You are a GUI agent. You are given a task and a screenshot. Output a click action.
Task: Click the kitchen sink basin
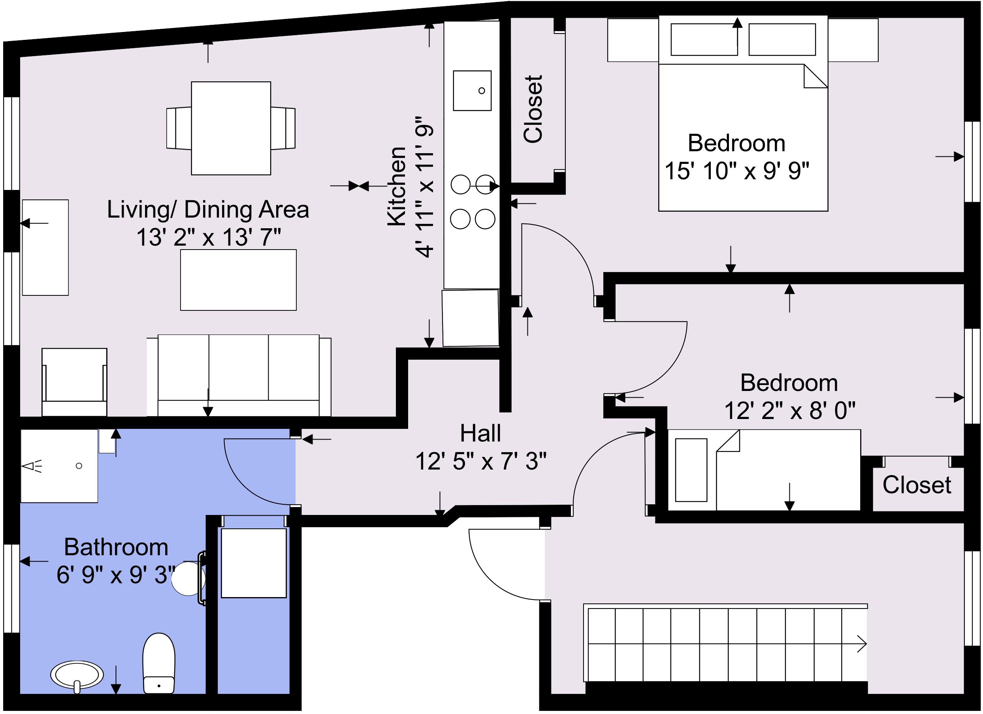click(472, 90)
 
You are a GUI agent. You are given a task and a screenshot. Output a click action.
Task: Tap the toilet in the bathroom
click(159, 663)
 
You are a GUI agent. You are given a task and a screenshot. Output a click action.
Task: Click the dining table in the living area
click(231, 128)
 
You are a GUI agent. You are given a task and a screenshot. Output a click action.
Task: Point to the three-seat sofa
click(239, 375)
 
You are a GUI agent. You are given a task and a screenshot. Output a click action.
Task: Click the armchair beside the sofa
click(75, 382)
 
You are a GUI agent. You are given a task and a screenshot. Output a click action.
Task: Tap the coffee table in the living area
click(238, 280)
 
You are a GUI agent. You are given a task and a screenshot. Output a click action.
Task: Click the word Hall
click(480, 433)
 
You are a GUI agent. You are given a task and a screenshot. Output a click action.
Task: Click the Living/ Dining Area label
click(208, 210)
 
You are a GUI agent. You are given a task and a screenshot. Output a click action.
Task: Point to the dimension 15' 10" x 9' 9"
click(737, 171)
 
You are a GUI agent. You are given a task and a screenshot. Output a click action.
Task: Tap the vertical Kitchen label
click(397, 186)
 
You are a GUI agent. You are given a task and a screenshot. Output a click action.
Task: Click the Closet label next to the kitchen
click(533, 109)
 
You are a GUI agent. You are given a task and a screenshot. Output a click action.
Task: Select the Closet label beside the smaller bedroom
click(917, 485)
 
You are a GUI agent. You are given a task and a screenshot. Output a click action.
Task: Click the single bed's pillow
click(691, 470)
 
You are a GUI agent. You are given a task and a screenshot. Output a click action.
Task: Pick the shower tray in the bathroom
click(59, 466)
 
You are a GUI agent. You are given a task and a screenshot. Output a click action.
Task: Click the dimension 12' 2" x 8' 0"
click(790, 411)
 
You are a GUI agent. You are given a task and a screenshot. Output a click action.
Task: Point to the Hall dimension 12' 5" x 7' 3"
click(481, 461)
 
